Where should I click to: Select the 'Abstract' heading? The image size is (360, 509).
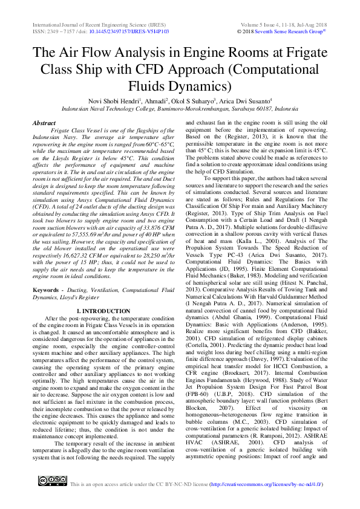(44, 122)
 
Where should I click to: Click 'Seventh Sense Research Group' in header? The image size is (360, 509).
(292, 31)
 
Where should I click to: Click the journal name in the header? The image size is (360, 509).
(92, 23)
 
